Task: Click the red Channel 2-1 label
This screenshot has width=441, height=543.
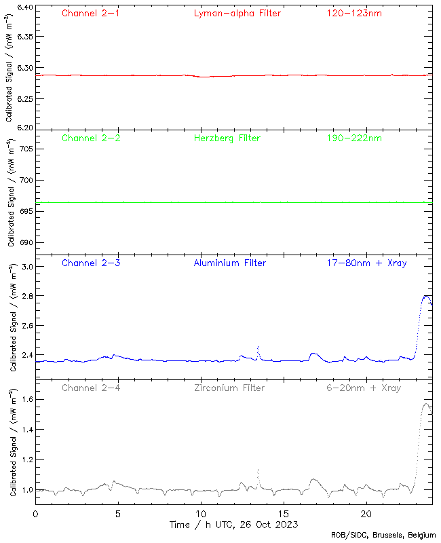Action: point(91,13)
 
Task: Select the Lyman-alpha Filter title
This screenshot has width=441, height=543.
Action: point(237,13)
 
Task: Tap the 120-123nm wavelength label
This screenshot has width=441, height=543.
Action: point(353,13)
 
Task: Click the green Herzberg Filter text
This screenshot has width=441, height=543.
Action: point(227,138)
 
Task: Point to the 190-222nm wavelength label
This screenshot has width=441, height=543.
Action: point(353,138)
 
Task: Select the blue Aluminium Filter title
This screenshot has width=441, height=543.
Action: point(229,263)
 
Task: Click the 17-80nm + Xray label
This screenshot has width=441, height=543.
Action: point(366,263)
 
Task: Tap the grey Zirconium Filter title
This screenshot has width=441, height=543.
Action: point(229,388)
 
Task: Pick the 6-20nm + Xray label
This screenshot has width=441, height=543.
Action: point(363,388)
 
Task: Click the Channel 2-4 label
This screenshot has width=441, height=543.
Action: point(91,388)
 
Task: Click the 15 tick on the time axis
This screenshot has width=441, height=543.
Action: point(284,514)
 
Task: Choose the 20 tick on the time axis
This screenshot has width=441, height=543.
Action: point(366,514)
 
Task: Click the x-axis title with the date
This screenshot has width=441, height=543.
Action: point(233,525)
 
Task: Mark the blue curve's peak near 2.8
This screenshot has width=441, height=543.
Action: point(425,295)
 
